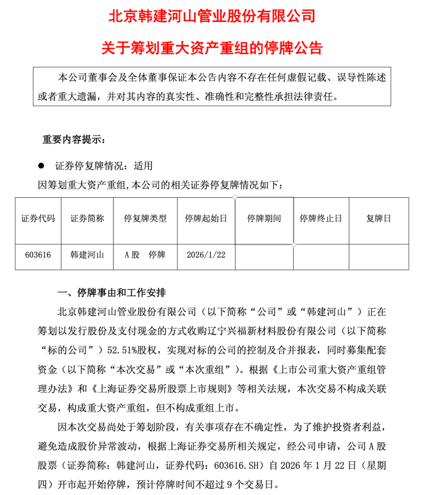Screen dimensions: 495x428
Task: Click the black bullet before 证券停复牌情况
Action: point(41,165)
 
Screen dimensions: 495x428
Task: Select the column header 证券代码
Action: point(38,219)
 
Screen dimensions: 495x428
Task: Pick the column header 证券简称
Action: point(87,219)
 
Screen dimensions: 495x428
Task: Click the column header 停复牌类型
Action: point(145,219)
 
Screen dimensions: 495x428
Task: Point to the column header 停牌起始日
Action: point(206,219)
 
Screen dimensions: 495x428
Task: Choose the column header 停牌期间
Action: point(264,219)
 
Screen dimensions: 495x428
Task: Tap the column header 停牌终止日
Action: point(321,219)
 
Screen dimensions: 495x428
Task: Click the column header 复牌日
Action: point(379,219)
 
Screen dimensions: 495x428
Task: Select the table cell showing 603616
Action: point(38,254)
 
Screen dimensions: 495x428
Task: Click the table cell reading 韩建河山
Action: point(87,254)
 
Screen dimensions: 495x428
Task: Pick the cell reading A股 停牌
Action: point(145,254)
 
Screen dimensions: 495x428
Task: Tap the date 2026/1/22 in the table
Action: point(206,254)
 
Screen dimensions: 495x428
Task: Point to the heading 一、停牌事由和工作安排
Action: point(112,290)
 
